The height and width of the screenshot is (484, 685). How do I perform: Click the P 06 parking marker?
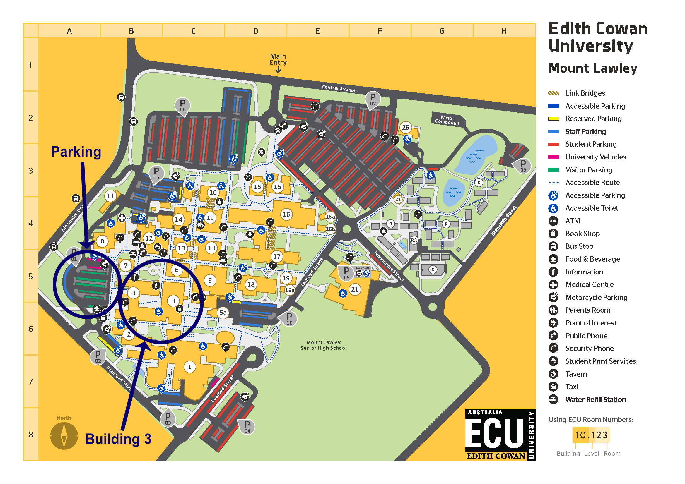tap(182, 105)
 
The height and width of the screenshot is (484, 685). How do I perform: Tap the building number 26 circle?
tap(405, 128)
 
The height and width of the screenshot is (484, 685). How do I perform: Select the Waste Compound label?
tap(447, 120)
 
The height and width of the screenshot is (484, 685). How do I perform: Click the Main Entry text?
tap(278, 59)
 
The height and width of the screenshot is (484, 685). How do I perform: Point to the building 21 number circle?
tap(354, 289)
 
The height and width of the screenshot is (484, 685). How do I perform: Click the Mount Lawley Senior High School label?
tap(323, 345)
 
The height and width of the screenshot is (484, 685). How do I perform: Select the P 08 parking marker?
tap(523, 165)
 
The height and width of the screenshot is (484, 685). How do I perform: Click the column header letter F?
tap(380, 31)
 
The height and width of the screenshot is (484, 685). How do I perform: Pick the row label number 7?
tap(31, 382)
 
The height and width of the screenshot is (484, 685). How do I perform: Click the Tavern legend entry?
tap(576, 374)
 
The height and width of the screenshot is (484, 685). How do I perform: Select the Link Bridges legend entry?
tap(585, 93)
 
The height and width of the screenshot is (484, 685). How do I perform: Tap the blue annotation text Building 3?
tap(118, 439)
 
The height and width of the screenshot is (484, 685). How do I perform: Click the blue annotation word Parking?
tap(76, 151)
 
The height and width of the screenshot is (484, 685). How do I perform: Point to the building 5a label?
tap(223, 312)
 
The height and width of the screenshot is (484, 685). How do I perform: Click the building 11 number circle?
tap(110, 196)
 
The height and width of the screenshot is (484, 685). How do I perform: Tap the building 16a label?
tap(330, 217)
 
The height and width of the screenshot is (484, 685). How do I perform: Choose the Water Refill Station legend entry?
tap(595, 399)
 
